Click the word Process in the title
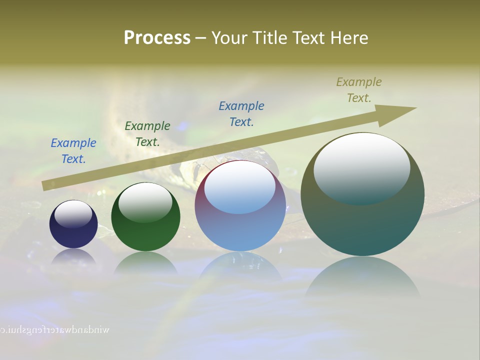157,38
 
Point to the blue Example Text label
73,151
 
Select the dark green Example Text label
147,134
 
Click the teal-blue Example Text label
241,114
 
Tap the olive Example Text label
359,90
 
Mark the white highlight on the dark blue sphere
73,214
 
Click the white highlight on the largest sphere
362,168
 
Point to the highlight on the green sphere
145,202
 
